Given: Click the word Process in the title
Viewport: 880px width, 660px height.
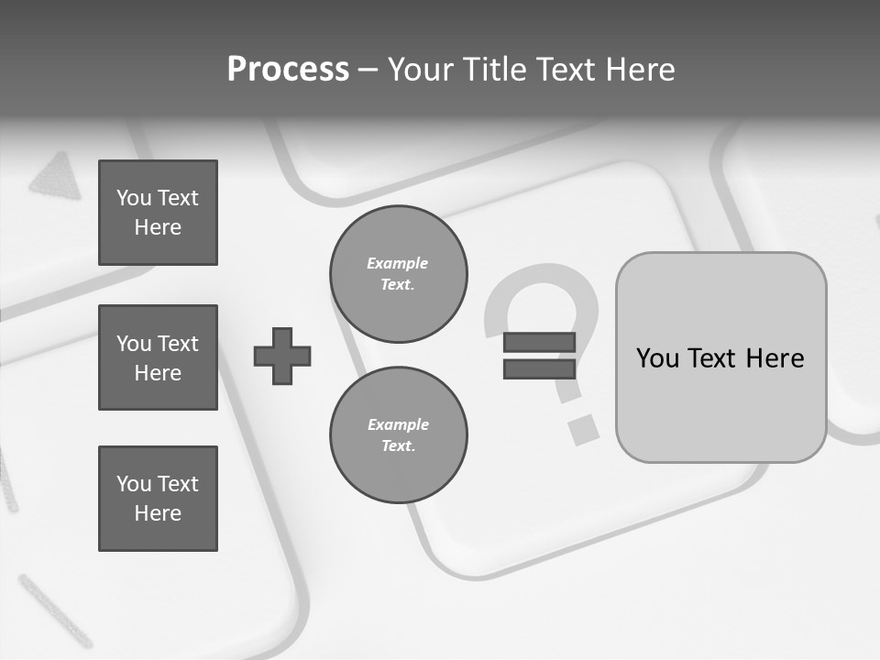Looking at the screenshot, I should pyautogui.click(x=288, y=70).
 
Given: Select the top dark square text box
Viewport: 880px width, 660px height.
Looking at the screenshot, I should pyautogui.click(x=158, y=213).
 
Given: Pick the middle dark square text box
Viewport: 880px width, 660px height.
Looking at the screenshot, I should pyautogui.click(x=158, y=357).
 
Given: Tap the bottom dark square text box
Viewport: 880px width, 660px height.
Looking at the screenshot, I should pyautogui.click(x=158, y=499).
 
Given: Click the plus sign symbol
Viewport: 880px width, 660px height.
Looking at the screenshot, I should pyautogui.click(x=282, y=356).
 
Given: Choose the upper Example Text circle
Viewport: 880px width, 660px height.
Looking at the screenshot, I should pyautogui.click(x=399, y=274).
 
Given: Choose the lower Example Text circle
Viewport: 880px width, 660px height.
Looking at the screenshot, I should pyautogui.click(x=399, y=435).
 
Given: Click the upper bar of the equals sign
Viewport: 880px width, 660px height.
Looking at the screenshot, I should pyautogui.click(x=539, y=343).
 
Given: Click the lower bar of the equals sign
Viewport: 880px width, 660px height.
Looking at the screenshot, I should pyautogui.click(x=539, y=368).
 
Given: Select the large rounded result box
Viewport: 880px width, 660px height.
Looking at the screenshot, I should pyautogui.click(x=721, y=357).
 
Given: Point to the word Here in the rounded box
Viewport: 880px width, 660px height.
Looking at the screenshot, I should pyautogui.click(x=775, y=358).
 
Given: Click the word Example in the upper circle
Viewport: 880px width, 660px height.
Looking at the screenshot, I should pyautogui.click(x=398, y=263).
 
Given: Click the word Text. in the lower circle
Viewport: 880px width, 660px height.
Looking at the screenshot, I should pyautogui.click(x=399, y=446).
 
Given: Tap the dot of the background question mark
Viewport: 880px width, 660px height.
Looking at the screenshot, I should pyautogui.click(x=581, y=428).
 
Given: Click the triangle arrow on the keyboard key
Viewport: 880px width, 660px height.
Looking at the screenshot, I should pyautogui.click(x=50, y=174).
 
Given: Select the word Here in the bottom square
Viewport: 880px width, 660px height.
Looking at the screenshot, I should pyautogui.click(x=158, y=513).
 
